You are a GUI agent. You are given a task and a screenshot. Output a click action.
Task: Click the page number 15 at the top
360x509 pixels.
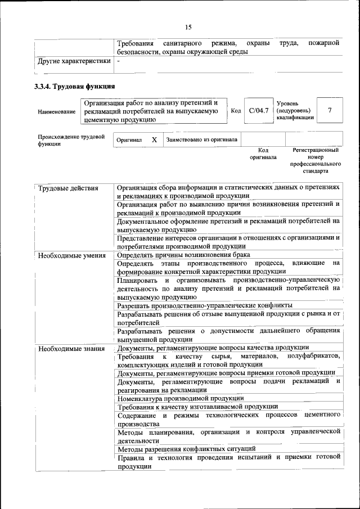[188, 27]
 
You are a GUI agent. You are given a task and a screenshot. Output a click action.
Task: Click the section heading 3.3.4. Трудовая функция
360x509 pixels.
[75, 87]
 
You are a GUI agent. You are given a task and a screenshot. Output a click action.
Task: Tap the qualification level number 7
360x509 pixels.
[330, 111]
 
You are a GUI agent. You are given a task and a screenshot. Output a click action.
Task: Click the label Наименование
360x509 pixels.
[57, 112]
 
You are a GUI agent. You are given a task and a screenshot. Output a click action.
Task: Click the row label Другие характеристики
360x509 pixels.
[74, 61]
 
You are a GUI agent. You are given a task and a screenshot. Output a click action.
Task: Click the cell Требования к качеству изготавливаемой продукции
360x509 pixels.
[197, 406]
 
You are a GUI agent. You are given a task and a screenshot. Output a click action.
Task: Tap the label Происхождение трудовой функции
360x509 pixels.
[71, 140]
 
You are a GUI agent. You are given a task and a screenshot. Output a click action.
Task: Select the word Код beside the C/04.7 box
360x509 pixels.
[236, 111]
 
